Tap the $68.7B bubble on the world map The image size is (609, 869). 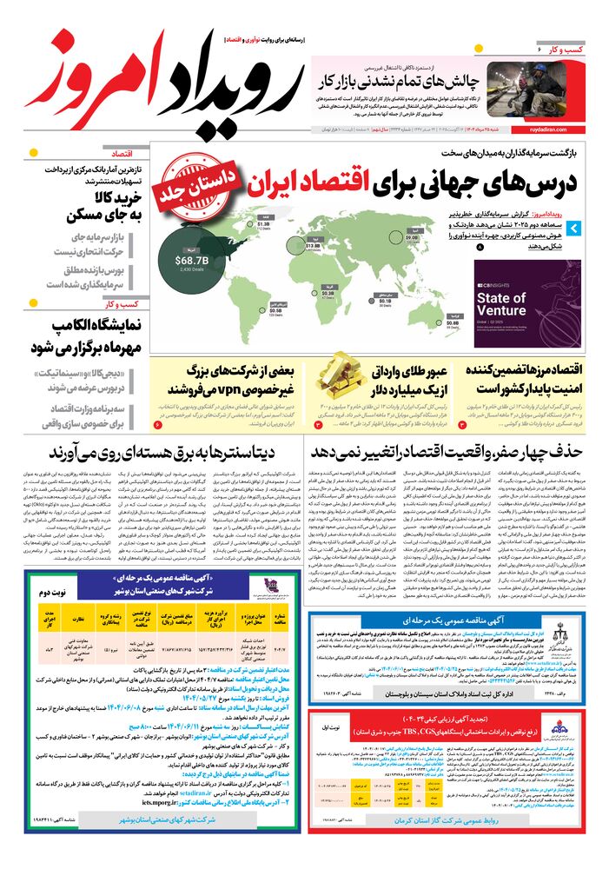(191, 260)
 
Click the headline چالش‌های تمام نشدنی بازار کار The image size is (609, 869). (400, 81)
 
